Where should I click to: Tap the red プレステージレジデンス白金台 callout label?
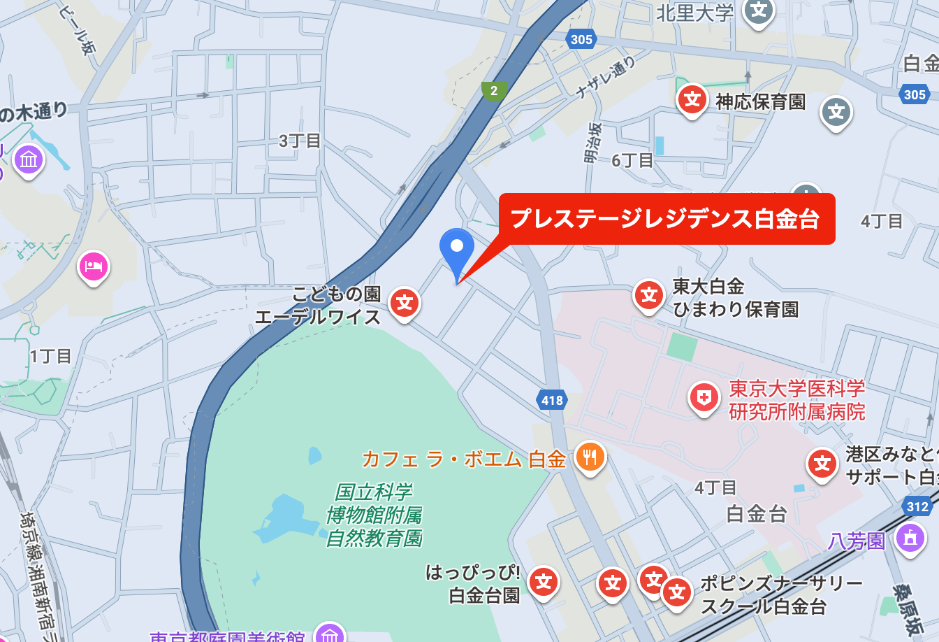666,219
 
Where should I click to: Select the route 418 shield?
552,400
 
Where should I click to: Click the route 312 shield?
917,506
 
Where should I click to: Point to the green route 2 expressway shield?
494,91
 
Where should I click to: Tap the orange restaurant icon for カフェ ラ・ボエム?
590,457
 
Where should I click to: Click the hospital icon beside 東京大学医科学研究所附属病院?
704,398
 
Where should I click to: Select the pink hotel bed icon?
94,266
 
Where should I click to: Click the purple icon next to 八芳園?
910,538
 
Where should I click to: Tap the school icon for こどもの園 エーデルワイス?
405,303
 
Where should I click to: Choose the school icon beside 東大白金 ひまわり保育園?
649,295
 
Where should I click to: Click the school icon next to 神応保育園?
692,99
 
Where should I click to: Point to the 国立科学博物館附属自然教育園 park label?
374,515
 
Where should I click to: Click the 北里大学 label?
694,13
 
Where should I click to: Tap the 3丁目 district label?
300,141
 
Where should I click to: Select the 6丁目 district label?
632,161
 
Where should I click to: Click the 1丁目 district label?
50,356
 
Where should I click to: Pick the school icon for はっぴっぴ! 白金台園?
544,581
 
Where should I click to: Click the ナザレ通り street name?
605,78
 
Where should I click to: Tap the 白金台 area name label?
757,514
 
